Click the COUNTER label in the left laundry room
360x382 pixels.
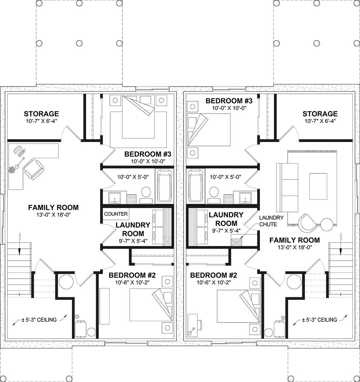pos(116,214)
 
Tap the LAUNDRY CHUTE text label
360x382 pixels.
pos(271,221)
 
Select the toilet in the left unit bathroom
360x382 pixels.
pos(146,193)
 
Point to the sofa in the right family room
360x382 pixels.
pos(287,188)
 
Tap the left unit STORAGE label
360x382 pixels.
pos(41,114)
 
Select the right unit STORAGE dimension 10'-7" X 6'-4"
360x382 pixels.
pos(320,121)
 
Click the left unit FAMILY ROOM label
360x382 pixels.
pos(53,207)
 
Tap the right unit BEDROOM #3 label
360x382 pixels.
pos(229,101)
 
